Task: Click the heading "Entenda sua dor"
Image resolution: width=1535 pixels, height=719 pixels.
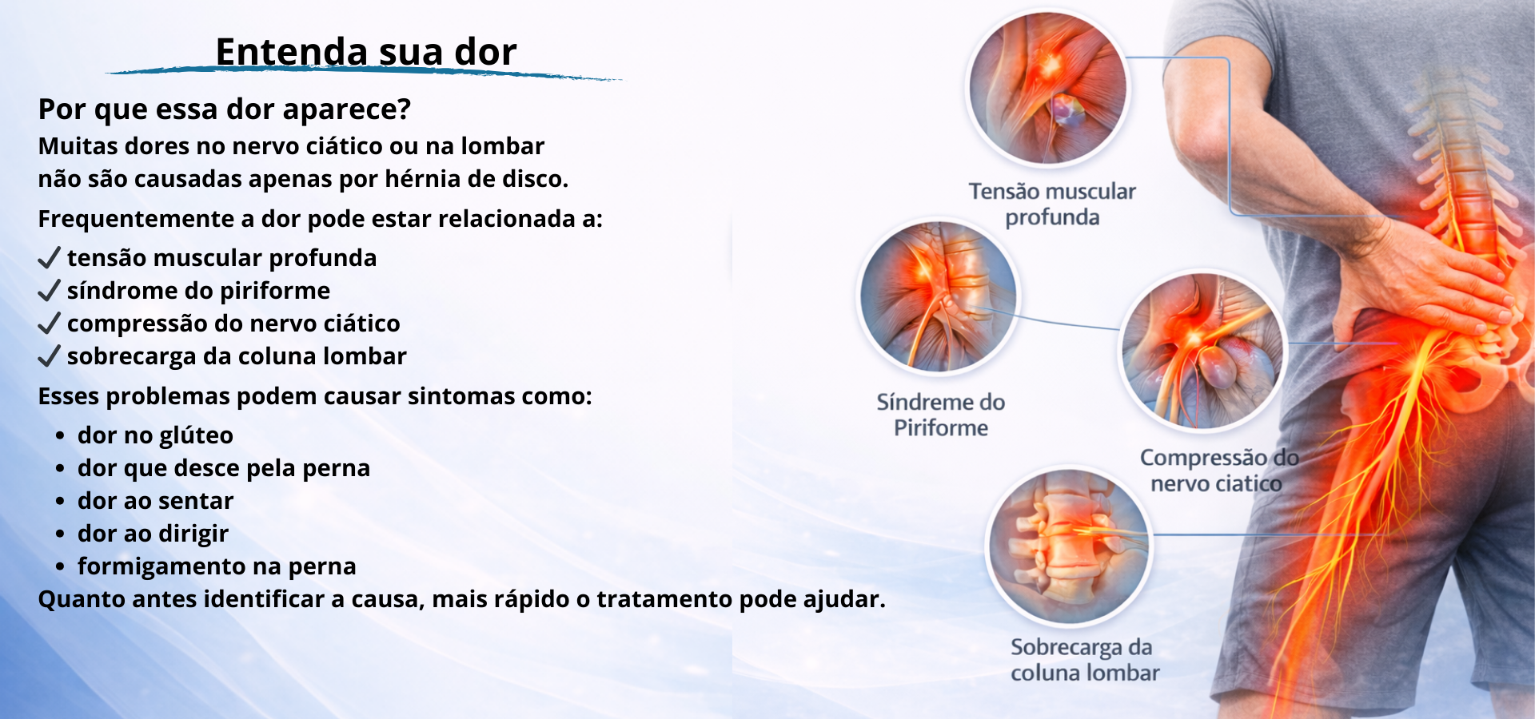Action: coord(366,52)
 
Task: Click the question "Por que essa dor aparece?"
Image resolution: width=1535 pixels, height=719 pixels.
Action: coord(225,109)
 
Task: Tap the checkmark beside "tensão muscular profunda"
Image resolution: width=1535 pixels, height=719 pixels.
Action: coord(49,257)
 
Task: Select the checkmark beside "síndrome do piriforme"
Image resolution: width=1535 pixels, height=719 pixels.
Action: coord(49,290)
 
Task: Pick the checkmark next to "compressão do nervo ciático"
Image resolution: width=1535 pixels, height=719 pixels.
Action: coord(49,323)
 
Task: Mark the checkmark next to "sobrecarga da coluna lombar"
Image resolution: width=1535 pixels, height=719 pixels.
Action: coord(49,356)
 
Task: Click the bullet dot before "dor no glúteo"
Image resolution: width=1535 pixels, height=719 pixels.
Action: coord(60,436)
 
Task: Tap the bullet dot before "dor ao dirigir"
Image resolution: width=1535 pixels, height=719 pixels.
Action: coord(60,534)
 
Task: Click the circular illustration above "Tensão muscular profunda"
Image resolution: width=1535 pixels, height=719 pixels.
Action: coord(1048,88)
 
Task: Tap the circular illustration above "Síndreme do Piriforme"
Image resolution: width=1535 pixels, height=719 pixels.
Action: coord(939,296)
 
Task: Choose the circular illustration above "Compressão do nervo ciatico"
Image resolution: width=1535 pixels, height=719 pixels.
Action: coord(1202,352)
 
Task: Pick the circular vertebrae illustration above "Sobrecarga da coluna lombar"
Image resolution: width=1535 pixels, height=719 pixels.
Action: coord(1069,546)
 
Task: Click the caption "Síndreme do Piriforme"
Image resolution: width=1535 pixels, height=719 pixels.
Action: coord(941,415)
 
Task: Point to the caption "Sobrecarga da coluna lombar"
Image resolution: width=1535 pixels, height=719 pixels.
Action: coord(1085,660)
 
